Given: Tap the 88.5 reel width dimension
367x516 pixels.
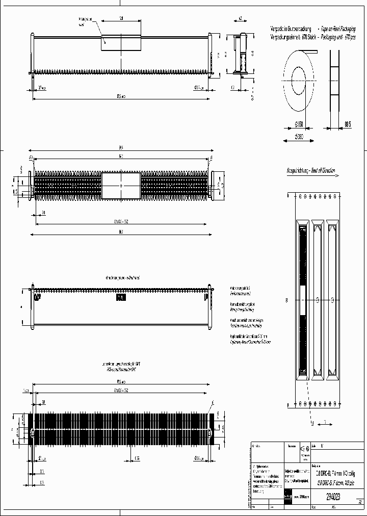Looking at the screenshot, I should point(348,124).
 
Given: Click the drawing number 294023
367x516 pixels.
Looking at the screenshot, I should point(332,495).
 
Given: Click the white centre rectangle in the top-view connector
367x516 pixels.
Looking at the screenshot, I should point(121,186).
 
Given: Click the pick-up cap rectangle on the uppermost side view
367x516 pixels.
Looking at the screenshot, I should point(121,41).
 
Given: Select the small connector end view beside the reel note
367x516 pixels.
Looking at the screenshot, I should point(241,55).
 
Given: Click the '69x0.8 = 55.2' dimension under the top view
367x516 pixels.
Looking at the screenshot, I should point(120,222).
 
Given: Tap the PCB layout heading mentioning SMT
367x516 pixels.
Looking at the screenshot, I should point(121,367).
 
